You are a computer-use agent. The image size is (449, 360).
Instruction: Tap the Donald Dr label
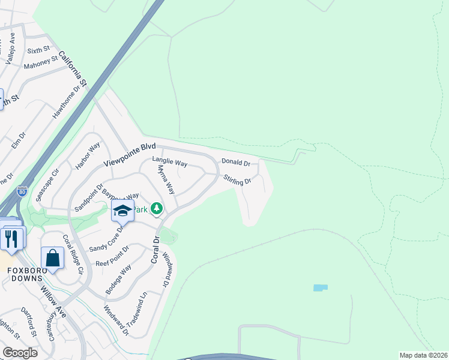pos(235,162)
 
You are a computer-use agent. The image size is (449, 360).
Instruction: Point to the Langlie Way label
pos(170,163)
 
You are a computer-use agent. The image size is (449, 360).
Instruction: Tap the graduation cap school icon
pos(122,211)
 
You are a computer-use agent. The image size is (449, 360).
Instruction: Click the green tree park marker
pos(157,209)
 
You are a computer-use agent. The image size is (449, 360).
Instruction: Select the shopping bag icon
pos(52,258)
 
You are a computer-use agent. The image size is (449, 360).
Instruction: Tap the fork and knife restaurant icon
pos(11,238)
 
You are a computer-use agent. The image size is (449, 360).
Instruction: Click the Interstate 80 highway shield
pos(22,192)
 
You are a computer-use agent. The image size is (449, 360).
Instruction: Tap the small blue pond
pos(321,288)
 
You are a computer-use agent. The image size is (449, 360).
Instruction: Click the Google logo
pos(20,353)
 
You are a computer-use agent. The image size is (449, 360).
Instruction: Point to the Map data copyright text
pos(423,355)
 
